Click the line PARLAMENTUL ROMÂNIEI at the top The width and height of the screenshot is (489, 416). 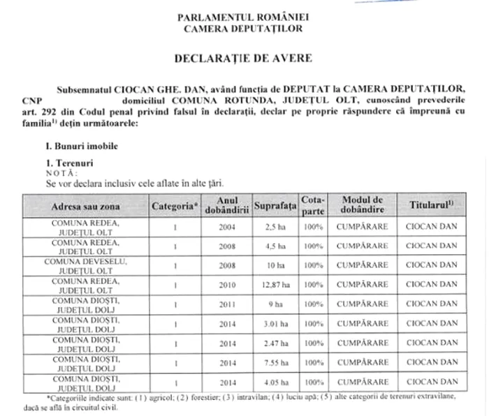[243, 16]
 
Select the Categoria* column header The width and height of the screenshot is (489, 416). [175, 207]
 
